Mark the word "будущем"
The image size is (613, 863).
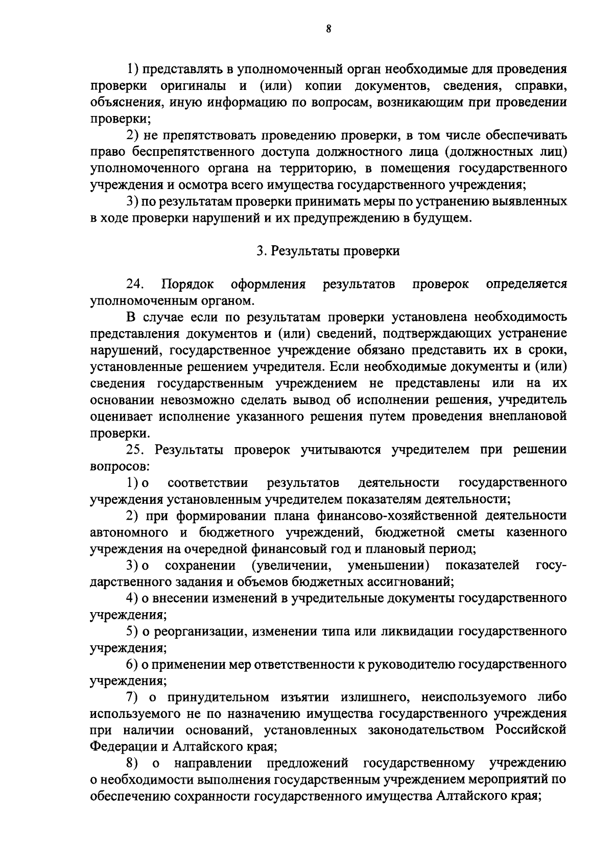[x=438, y=218]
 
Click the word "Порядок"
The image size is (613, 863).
[x=187, y=284]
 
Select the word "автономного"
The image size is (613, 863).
[x=129, y=532]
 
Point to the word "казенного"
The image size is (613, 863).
[x=536, y=532]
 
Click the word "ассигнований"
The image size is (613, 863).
[x=410, y=581]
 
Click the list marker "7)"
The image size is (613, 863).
[x=133, y=697]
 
